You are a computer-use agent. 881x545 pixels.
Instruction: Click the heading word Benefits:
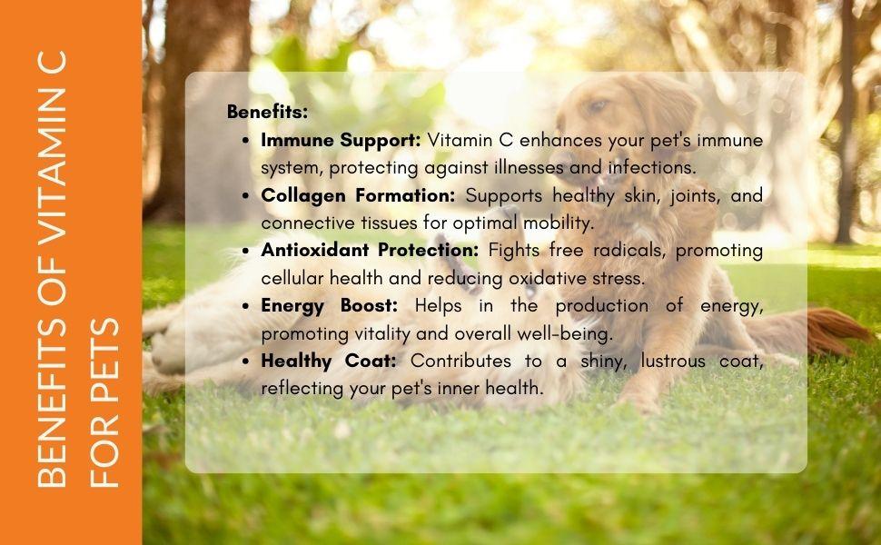pos(267,113)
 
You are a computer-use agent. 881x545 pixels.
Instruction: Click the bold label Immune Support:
pos(341,141)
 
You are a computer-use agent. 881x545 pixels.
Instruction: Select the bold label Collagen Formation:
pos(360,195)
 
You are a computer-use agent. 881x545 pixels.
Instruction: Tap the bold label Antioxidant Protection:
pos(371,250)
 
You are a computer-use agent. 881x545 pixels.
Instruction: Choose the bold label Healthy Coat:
pos(329,361)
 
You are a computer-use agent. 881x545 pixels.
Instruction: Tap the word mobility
pos(560,223)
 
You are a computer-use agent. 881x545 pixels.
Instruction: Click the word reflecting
pos(302,388)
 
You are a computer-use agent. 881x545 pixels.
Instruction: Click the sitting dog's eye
pos(597,106)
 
